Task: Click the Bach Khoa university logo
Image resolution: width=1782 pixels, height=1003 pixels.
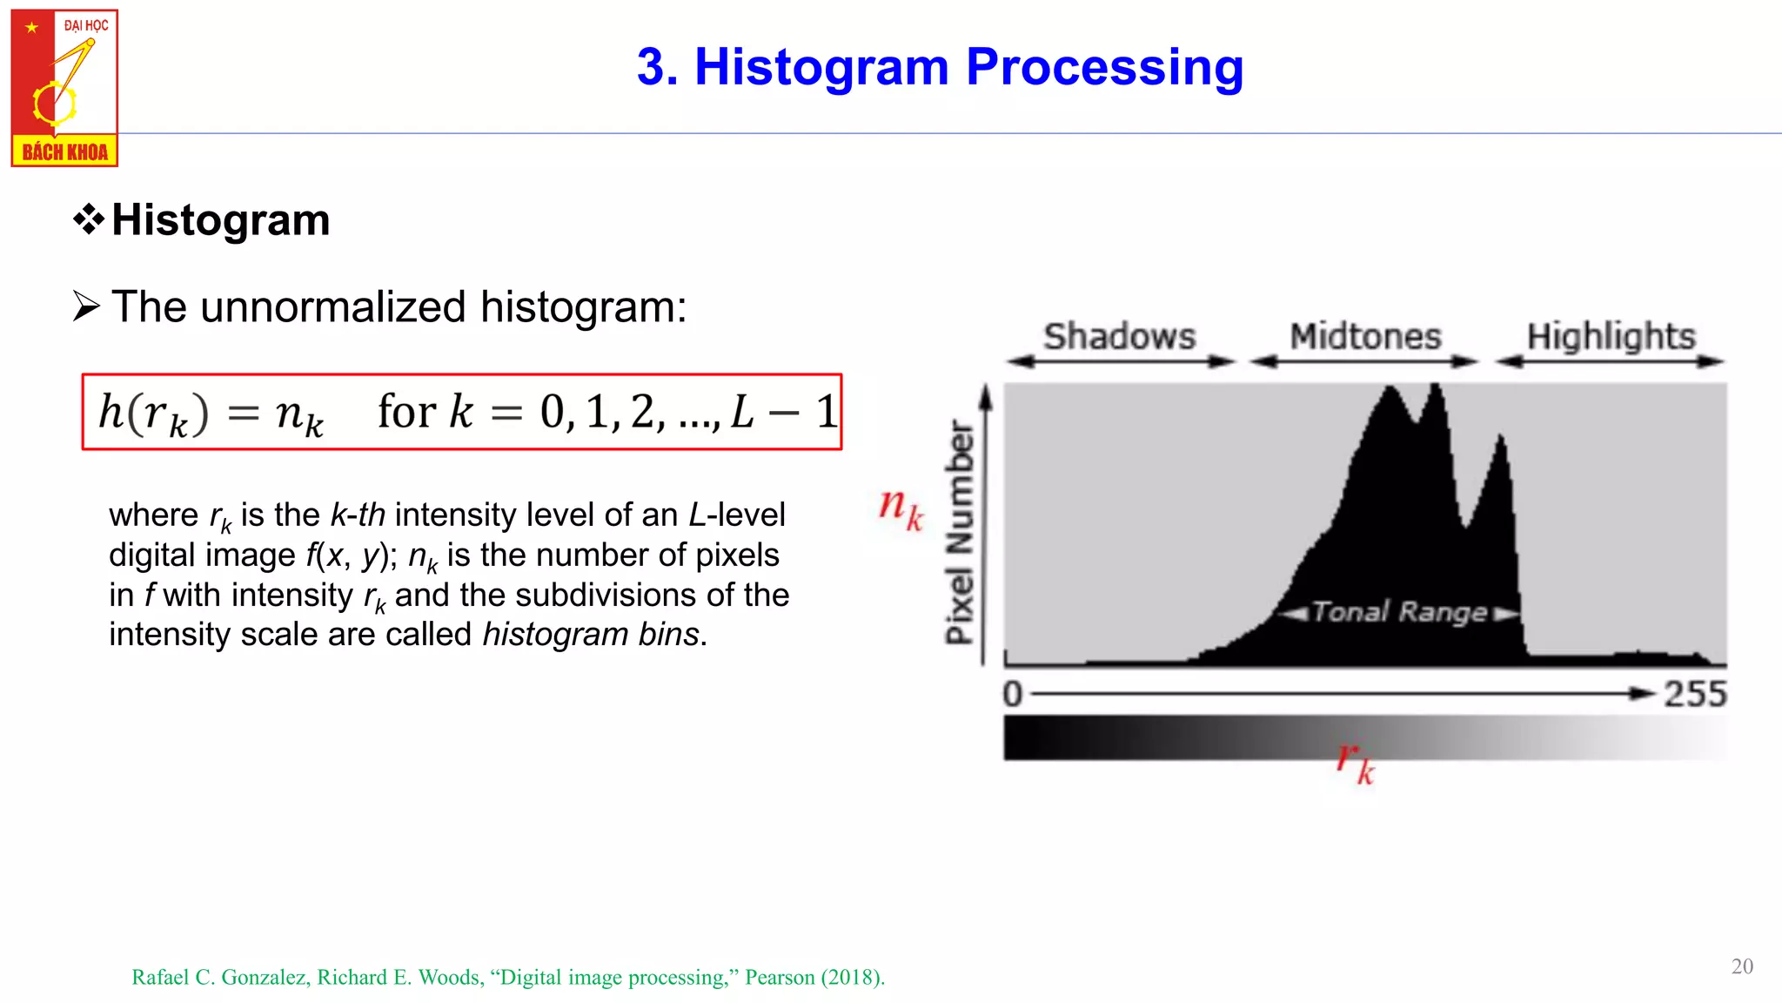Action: (64, 88)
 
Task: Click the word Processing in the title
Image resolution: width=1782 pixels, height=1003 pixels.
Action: (1104, 67)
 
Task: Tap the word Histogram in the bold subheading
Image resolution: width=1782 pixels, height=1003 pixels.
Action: (221, 219)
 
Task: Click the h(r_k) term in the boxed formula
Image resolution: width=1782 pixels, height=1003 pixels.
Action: (153, 412)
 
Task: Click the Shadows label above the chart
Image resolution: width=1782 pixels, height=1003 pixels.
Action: (1119, 336)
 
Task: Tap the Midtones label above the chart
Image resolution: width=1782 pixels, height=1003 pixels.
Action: (1364, 336)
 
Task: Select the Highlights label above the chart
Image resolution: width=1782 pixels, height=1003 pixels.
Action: (1611, 336)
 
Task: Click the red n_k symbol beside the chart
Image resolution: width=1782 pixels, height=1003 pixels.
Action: (901, 507)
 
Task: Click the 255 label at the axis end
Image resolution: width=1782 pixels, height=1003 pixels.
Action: (1694, 694)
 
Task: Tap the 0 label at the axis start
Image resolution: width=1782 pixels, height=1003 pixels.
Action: (1013, 694)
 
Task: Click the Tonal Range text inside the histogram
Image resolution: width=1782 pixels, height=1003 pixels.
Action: (1399, 612)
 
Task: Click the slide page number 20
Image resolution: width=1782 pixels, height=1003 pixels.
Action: (1742, 966)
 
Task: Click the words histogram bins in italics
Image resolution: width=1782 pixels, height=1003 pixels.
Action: (591, 635)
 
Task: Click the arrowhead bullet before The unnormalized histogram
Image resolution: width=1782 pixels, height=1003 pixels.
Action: (86, 306)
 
